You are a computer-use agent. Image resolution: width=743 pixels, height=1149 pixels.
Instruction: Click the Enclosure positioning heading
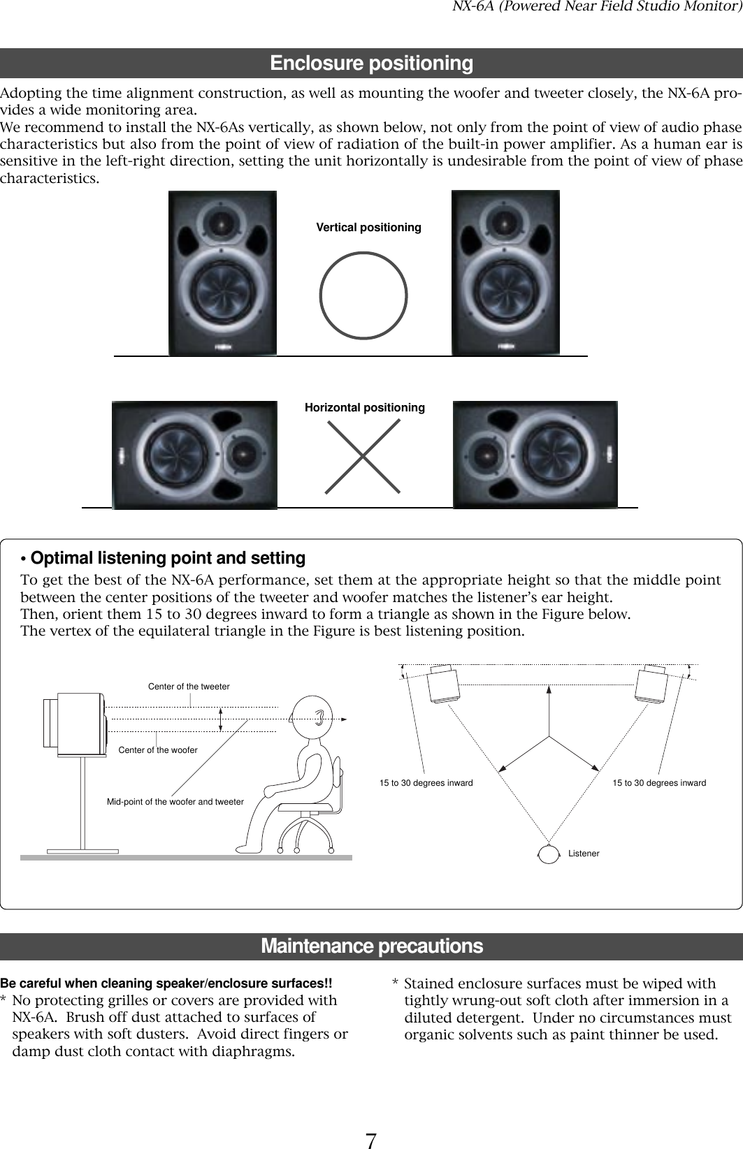(x=371, y=64)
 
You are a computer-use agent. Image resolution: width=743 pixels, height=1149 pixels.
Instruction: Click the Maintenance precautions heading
(x=371, y=946)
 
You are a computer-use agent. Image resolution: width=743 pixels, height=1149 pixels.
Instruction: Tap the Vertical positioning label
(x=368, y=228)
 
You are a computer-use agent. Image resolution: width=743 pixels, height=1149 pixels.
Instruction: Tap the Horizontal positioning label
(x=364, y=407)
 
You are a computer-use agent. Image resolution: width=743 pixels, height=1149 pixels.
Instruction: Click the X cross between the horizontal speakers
(x=363, y=455)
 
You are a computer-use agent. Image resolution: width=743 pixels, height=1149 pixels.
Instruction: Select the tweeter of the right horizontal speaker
(x=485, y=455)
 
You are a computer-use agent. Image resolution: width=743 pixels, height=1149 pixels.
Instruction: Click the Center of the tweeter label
(x=189, y=687)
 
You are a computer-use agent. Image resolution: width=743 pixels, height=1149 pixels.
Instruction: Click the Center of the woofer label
(x=158, y=750)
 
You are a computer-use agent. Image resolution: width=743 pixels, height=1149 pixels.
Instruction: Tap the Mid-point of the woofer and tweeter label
(x=175, y=802)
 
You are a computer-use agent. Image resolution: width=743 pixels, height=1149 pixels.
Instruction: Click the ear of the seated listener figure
(x=319, y=717)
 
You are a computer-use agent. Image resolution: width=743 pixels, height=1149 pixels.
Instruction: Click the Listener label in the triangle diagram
(x=584, y=854)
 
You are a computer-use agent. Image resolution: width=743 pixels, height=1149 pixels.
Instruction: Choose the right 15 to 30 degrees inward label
(x=659, y=783)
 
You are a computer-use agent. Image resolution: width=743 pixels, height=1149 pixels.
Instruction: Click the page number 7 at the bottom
(x=371, y=1122)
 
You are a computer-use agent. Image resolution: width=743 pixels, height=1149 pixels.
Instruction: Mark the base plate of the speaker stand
(x=82, y=851)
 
